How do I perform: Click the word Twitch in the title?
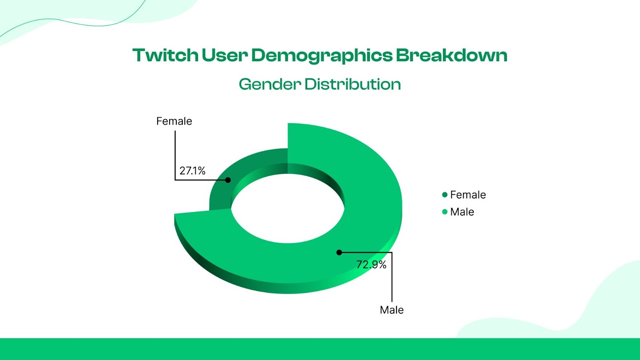point(165,55)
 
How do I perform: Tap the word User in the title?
point(225,55)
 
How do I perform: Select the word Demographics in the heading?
point(322,56)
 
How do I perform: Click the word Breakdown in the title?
point(452,55)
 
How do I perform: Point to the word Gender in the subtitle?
point(270,84)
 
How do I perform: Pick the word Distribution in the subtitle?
point(352,84)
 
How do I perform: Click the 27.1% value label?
point(192,171)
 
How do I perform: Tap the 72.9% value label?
point(371,264)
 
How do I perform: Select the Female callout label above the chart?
point(174,121)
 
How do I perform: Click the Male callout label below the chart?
point(392,310)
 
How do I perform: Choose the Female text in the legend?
point(468,195)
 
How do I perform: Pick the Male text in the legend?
point(462,212)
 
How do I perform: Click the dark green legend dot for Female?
point(444,195)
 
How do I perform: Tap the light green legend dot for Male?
point(444,212)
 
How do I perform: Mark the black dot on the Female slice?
point(228,180)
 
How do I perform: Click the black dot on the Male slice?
point(339,252)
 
